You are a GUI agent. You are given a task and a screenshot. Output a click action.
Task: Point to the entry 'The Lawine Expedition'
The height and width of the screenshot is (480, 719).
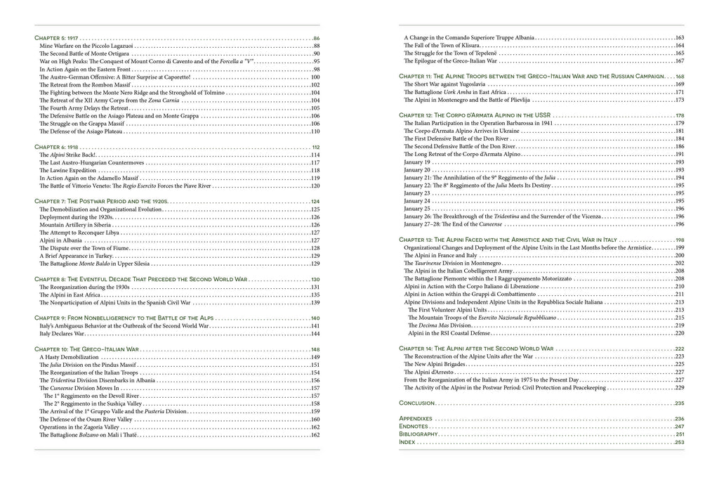pos(67,170)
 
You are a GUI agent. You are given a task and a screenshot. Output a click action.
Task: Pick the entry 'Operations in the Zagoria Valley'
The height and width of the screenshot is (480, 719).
pos(82,427)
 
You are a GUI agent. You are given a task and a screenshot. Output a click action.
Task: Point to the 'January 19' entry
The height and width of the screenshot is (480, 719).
pos(417,162)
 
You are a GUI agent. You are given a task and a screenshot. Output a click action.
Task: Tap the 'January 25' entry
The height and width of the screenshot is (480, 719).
pos(417,208)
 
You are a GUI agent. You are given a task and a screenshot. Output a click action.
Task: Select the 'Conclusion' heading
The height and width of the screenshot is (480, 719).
pos(416,403)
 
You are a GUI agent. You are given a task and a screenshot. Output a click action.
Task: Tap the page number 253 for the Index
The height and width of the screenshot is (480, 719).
pos(679,442)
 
